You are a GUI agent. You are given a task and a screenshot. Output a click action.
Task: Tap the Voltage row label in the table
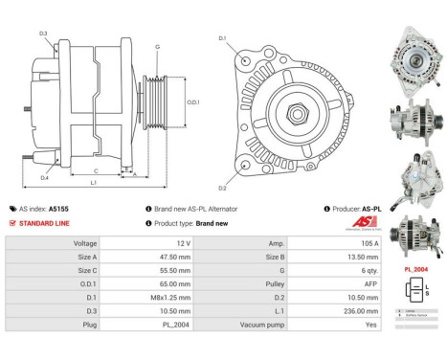tap(86, 244)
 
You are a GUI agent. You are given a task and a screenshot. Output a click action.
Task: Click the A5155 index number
tap(57, 208)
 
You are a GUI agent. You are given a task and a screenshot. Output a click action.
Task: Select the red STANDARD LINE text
tap(44, 222)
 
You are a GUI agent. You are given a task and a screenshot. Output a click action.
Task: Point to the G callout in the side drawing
tap(157, 47)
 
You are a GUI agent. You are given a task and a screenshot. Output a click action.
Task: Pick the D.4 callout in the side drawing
tap(45, 177)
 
